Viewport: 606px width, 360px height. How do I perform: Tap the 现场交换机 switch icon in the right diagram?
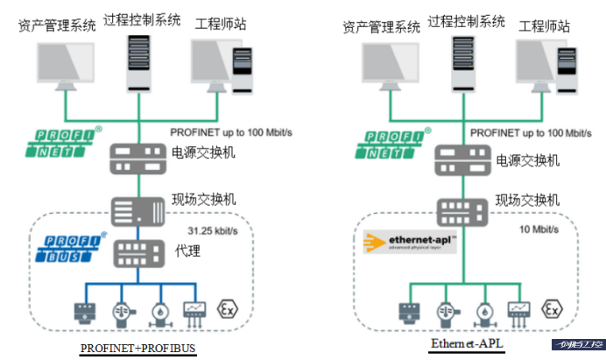click(x=462, y=209)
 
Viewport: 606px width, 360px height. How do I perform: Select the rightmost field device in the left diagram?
click(x=194, y=312)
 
